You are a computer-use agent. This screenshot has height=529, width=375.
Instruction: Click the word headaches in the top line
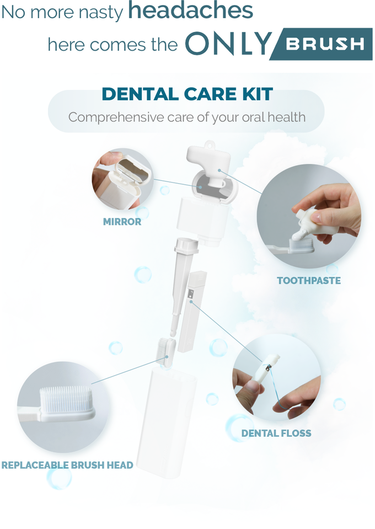(190, 11)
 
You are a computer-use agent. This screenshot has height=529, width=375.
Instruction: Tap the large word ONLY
(228, 44)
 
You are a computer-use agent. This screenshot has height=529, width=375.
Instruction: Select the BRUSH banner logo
(325, 44)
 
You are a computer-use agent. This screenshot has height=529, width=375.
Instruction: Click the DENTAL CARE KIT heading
(187, 94)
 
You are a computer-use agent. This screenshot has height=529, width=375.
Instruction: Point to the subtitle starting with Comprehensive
(186, 117)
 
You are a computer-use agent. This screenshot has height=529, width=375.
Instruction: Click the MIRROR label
(122, 222)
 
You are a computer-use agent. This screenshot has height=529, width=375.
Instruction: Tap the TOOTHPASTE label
(309, 280)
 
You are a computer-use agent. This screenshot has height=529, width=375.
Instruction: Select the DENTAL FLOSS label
(276, 433)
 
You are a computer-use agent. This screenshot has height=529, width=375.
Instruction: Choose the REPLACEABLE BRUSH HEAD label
(67, 465)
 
